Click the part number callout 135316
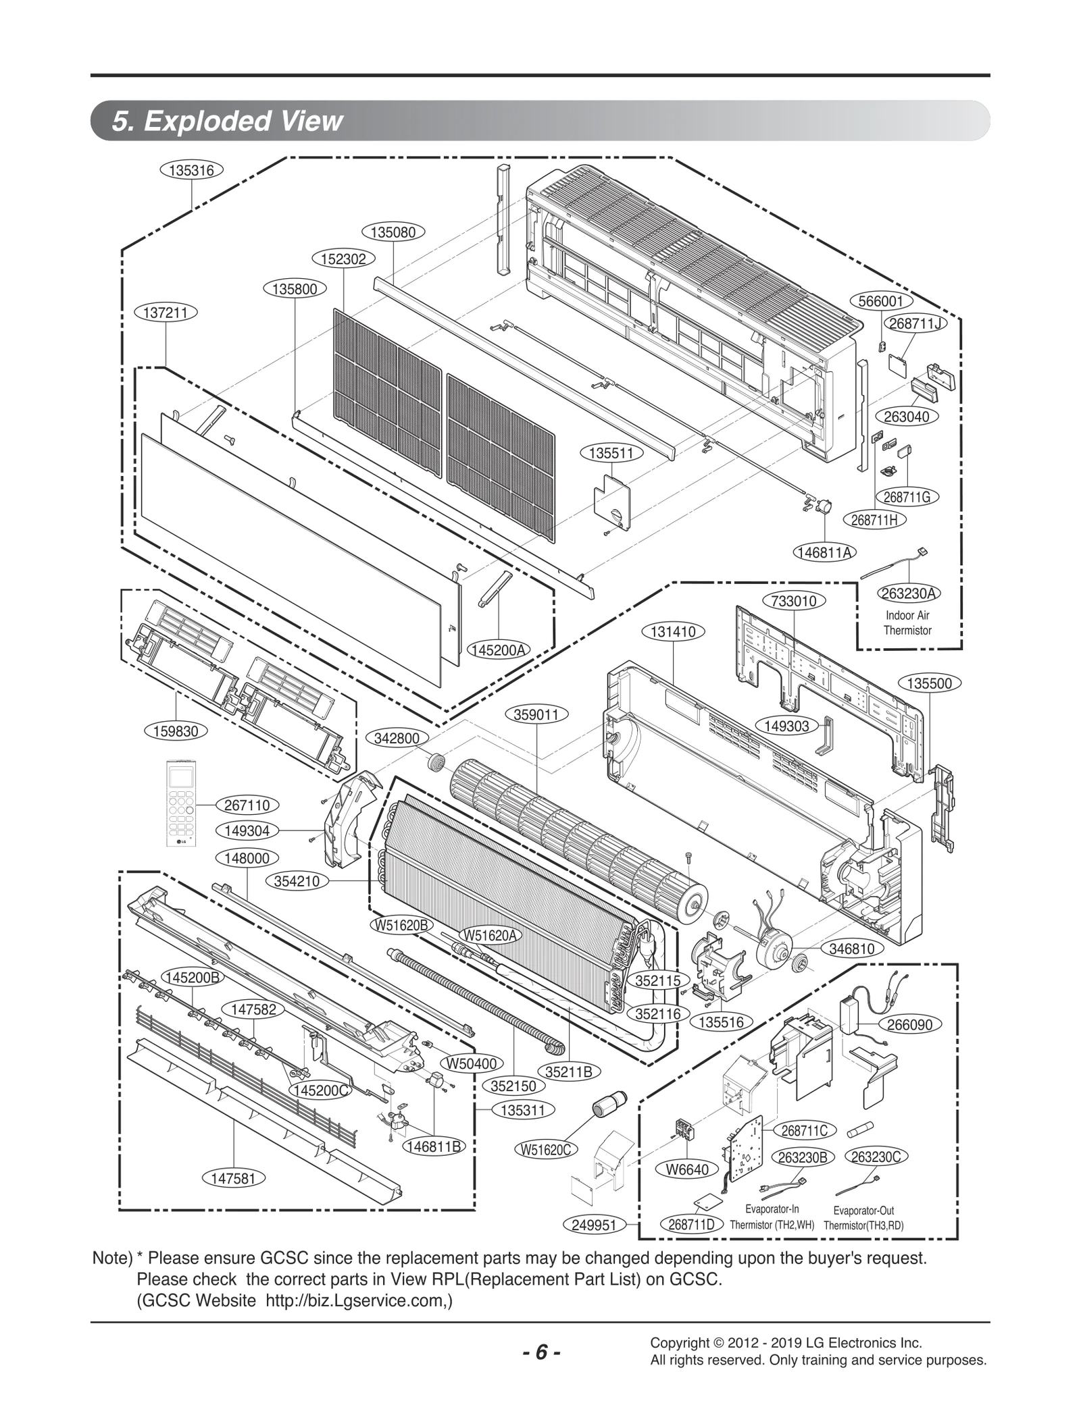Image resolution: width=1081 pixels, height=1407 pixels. (x=191, y=170)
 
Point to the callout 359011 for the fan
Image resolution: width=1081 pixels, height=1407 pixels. (x=536, y=714)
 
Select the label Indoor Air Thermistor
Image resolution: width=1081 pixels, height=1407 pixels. (x=907, y=622)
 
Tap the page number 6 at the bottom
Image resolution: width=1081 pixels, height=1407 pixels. (x=541, y=1334)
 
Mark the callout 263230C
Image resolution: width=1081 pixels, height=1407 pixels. (x=876, y=1157)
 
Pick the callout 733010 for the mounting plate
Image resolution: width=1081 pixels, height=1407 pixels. (x=794, y=601)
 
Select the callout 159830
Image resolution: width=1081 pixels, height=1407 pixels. (x=176, y=731)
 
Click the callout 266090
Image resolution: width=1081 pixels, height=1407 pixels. (x=909, y=1025)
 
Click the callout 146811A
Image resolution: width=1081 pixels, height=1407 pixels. (x=824, y=552)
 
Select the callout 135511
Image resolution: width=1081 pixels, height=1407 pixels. (x=611, y=453)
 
